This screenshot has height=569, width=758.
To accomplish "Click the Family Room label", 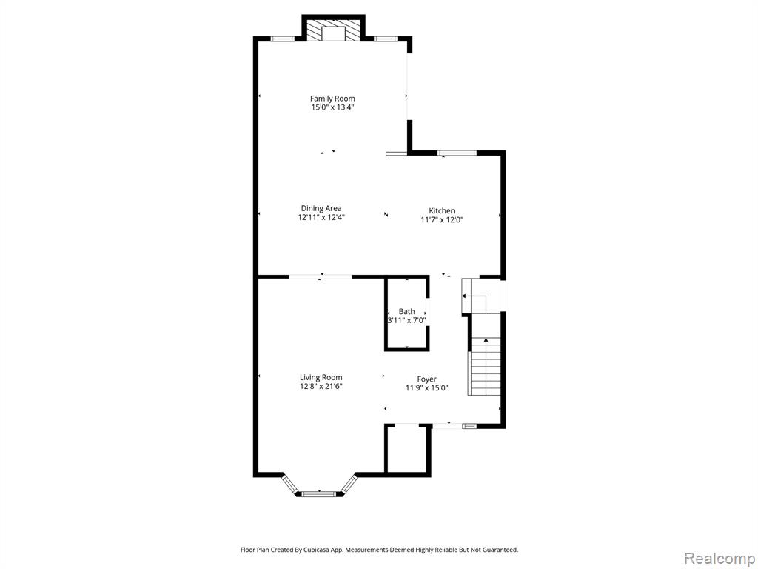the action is [x=332, y=99].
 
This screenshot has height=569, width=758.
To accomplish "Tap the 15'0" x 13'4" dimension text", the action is [x=332, y=107].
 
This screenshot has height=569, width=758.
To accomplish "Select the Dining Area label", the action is [x=321, y=208].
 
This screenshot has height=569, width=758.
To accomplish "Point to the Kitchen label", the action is [x=442, y=211].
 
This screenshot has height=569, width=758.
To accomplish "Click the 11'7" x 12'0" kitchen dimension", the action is [x=443, y=219].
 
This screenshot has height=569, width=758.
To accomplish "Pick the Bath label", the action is [x=406, y=312].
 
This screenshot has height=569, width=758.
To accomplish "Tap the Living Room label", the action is [x=321, y=377].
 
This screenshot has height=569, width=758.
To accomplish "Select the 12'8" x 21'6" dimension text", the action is [x=321, y=386].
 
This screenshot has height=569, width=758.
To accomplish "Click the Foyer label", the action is [x=427, y=379].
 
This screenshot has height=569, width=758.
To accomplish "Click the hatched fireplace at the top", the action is [x=334, y=30].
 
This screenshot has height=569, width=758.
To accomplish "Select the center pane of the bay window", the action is [x=318, y=493].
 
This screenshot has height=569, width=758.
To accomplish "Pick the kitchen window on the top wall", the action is [x=457, y=153].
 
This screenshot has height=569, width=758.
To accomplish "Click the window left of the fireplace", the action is [x=282, y=39].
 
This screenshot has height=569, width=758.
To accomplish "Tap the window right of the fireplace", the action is [x=385, y=39].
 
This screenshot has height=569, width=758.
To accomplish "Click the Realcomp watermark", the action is [x=718, y=559].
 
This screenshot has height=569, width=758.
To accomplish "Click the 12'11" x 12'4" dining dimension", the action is [x=321, y=218].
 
